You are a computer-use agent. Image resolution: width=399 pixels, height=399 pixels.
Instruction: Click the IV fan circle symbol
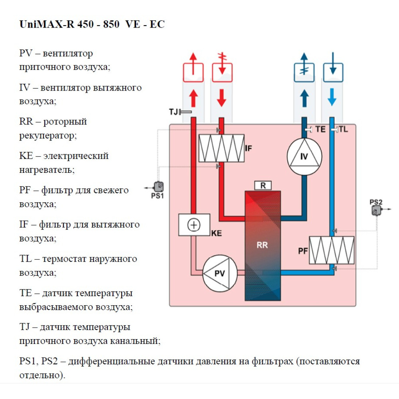coord(304,156)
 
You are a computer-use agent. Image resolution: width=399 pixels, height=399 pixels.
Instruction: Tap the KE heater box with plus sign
coord(194,225)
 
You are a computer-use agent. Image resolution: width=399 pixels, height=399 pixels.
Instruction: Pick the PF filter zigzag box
coord(332,250)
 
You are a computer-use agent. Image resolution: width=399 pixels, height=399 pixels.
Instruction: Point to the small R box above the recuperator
coord(263,186)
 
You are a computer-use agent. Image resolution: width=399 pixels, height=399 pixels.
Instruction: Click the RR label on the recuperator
coord(263,245)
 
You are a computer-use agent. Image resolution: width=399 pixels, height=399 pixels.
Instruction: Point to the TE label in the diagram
coord(320,129)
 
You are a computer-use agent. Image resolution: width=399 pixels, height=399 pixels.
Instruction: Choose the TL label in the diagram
coord(343,129)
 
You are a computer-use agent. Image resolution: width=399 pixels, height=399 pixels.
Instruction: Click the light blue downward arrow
coord(331,97)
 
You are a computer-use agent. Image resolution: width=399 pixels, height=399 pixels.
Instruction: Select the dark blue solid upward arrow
coord(304,97)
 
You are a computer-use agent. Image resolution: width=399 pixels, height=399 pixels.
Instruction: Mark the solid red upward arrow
coord(194,97)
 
